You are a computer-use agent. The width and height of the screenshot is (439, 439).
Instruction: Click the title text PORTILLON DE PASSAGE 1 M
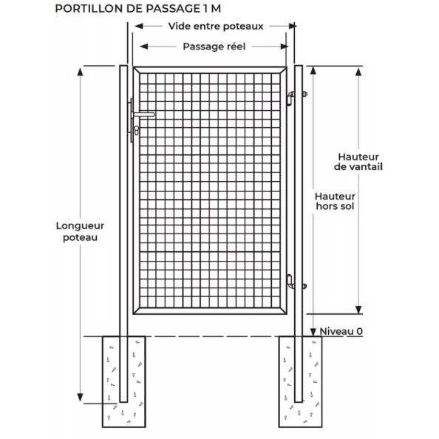[137, 9]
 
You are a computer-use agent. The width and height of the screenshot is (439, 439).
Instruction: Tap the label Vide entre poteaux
[216, 27]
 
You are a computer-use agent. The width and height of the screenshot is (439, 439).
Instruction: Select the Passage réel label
[214, 47]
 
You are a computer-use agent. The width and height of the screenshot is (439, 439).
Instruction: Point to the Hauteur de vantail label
[358, 162]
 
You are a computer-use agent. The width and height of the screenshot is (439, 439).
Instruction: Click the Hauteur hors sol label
[335, 201]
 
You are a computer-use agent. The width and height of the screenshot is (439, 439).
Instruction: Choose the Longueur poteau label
[80, 231]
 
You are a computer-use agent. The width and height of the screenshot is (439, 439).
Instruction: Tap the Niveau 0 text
[341, 332]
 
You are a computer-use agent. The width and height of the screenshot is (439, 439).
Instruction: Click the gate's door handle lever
[144, 115]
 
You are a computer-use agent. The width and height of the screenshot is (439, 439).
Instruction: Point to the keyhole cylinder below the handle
[136, 131]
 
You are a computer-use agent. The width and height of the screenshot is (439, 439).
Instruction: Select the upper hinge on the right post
[291, 98]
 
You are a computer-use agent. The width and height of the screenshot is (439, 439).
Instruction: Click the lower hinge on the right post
[290, 282]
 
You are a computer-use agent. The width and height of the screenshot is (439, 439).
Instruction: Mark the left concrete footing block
[123, 381]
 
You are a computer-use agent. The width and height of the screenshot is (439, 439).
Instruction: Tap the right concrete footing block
[300, 381]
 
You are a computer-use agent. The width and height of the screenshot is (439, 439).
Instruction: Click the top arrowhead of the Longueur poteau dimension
[80, 72]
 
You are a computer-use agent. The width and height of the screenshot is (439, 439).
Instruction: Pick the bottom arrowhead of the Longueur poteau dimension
[80, 398]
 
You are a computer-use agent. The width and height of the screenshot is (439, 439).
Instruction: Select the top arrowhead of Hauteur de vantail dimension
[358, 72]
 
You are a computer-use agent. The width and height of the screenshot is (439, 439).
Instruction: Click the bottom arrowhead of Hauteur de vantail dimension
[358, 310]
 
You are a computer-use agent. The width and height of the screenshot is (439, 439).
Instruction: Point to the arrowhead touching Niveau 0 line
[313, 332]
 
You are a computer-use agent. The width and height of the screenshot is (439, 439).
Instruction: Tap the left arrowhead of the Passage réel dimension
[143, 47]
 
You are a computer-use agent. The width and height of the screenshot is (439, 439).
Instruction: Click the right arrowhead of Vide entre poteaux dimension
[292, 26]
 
